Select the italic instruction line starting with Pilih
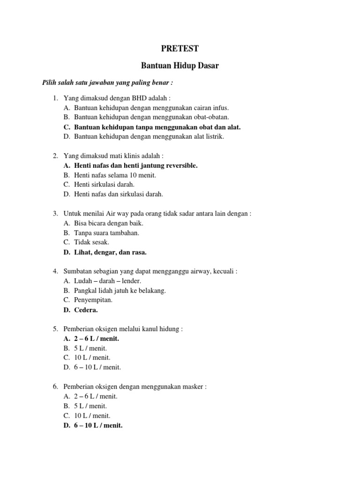pyautogui.click(x=107, y=82)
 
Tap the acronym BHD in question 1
pyautogui.click(x=142, y=98)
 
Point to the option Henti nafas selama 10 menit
pyautogui.click(x=115, y=175)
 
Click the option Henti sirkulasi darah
pyautogui.click(x=104, y=184)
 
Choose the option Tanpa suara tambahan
pyautogui.click(x=106, y=232)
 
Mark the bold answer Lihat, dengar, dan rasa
pyautogui.click(x=110, y=252)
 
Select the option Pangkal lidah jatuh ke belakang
pyautogui.click(x=120, y=291)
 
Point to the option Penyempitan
pyautogui.click(x=93, y=300)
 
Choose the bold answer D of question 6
pyautogui.click(x=98, y=425)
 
